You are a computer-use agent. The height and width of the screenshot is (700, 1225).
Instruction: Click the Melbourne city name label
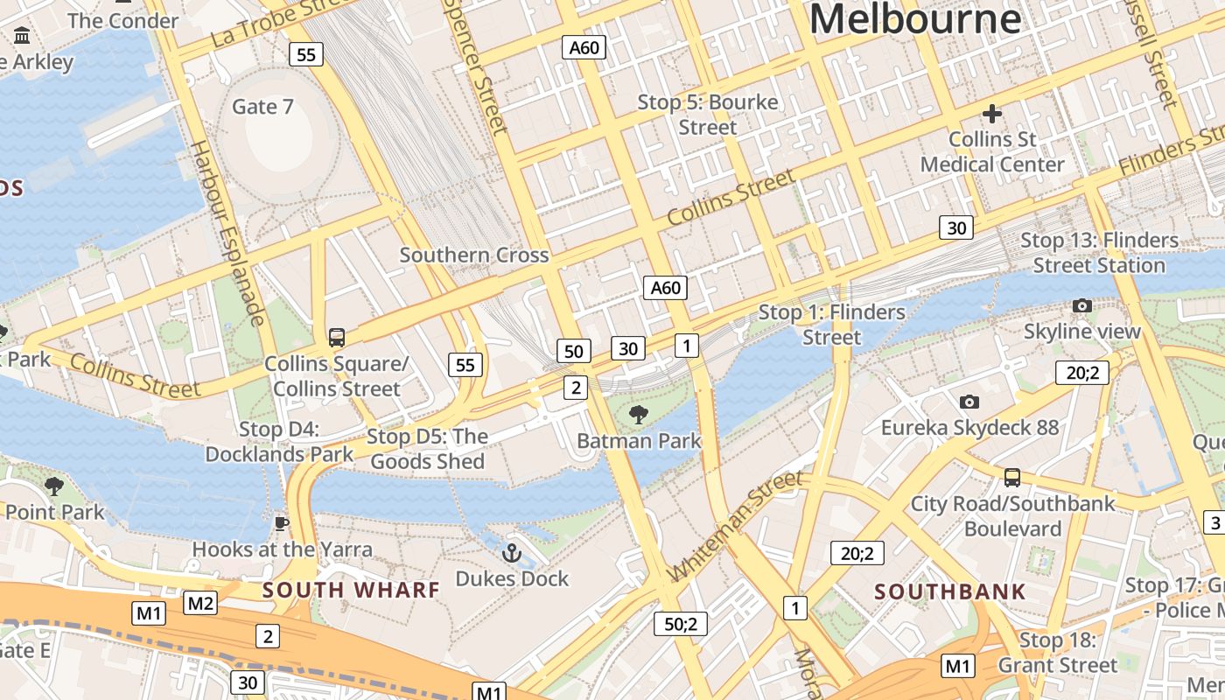(x=914, y=18)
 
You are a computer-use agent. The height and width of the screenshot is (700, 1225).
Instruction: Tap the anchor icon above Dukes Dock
(x=511, y=552)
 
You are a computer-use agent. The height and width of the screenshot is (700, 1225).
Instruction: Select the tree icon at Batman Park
(x=639, y=414)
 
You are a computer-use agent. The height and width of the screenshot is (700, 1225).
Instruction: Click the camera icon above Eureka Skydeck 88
(x=969, y=402)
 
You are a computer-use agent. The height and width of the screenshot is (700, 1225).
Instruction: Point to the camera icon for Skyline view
(x=1082, y=305)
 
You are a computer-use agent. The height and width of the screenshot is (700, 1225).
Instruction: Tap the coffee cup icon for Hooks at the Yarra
(x=281, y=523)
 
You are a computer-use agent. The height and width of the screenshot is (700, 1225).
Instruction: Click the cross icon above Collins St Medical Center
(x=991, y=114)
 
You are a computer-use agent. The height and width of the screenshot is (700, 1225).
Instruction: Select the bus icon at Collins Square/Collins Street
(x=336, y=337)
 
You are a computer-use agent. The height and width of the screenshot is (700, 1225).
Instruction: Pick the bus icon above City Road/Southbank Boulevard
(x=1012, y=478)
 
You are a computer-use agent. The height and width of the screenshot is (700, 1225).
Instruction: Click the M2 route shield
(x=200, y=602)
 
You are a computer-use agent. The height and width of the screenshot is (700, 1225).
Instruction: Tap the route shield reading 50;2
(x=680, y=624)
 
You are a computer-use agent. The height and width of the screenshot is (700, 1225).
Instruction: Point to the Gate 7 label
(x=262, y=107)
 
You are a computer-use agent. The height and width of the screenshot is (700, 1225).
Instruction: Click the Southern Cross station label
(x=474, y=255)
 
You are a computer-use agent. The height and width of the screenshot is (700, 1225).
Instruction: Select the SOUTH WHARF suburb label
(x=351, y=590)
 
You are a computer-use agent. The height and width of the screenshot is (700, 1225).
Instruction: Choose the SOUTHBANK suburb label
(x=950, y=591)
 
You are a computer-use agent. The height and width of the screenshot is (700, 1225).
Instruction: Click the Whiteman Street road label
(x=735, y=526)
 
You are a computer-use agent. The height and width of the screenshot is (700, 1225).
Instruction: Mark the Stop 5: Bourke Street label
(x=708, y=115)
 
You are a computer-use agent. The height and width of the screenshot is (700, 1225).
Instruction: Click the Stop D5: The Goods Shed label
(x=427, y=448)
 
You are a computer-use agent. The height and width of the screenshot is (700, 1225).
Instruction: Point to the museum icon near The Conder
(x=22, y=36)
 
